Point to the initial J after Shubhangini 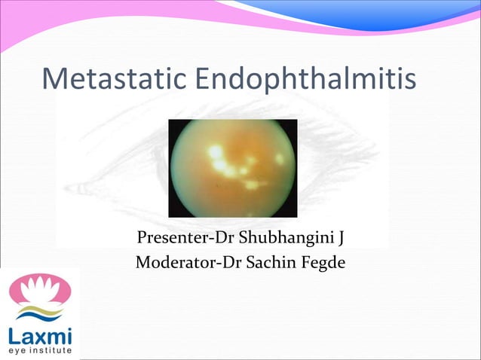(x=341, y=239)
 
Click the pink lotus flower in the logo (x=39, y=290)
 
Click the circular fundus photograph (x=232, y=168)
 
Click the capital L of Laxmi (x=14, y=334)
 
